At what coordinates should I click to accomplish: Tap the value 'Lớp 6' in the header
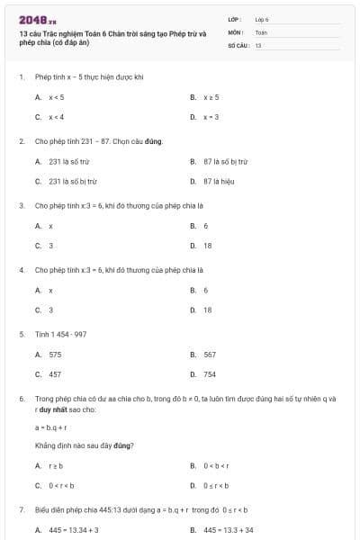click(x=262, y=18)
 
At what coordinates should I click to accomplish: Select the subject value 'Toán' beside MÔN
click(x=261, y=31)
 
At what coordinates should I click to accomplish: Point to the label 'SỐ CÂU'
click(x=238, y=44)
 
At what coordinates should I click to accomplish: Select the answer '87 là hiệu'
click(x=219, y=181)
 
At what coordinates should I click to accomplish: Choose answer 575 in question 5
click(x=55, y=355)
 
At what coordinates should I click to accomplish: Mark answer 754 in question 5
click(x=210, y=374)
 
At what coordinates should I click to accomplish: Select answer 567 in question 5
click(x=210, y=355)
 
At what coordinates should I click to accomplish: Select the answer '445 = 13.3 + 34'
click(x=229, y=530)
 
